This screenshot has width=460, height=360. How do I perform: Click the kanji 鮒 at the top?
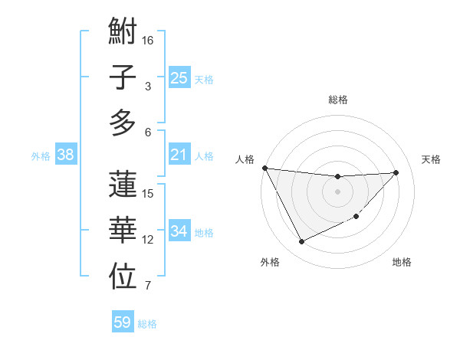tap(123, 34)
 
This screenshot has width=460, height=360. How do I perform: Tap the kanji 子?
tap(123, 78)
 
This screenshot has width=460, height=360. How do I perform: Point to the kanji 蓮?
tap(123, 185)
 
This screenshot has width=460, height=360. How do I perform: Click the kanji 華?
tap(123, 231)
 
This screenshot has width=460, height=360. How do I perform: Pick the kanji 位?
tap(123, 277)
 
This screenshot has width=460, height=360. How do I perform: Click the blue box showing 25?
tap(179, 77)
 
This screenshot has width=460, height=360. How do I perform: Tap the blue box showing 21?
tap(179, 155)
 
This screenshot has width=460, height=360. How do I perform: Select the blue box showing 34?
tap(179, 231)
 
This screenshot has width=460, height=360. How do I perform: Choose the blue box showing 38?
tap(65, 155)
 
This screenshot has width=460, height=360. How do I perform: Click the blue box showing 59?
tap(122, 322)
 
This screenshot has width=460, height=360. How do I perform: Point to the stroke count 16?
tap(149, 39)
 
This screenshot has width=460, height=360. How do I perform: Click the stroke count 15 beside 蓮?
tap(149, 193)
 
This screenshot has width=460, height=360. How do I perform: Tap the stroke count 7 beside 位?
tap(148, 286)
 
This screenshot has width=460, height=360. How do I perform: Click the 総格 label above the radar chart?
tap(337, 100)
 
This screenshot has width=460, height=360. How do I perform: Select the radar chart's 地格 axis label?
tap(402, 263)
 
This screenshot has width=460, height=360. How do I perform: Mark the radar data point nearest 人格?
tap(264, 168)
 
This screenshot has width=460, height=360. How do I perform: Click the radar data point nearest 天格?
tap(396, 172)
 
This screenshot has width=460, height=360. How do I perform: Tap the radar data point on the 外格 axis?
tap(301, 242)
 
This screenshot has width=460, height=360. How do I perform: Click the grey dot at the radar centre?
tap(337, 191)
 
